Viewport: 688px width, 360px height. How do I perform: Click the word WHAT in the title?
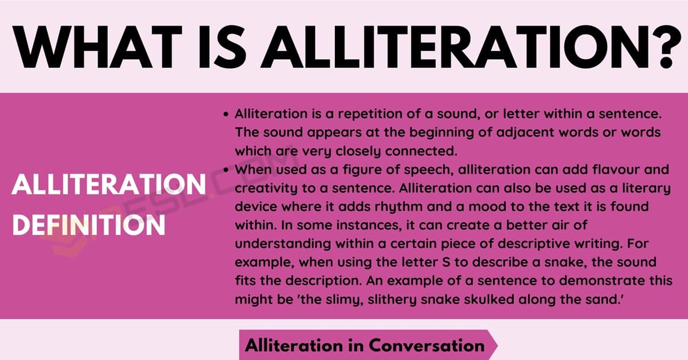(x=97, y=47)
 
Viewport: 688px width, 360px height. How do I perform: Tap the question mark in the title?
(x=666, y=47)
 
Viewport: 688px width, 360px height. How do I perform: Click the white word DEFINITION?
(x=88, y=225)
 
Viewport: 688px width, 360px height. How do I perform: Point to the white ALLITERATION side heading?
(x=109, y=185)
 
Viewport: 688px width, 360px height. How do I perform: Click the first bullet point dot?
(x=226, y=115)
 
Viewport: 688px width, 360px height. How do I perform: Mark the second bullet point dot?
(x=226, y=170)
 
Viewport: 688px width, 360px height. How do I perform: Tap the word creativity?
(x=266, y=188)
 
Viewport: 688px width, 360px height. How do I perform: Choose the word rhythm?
(x=398, y=207)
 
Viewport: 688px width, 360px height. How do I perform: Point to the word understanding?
(x=283, y=244)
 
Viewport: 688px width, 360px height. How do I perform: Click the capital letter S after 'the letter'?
(x=446, y=263)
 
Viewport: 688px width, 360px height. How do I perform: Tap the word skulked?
(x=489, y=299)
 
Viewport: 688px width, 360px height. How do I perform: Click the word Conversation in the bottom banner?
(x=427, y=346)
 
